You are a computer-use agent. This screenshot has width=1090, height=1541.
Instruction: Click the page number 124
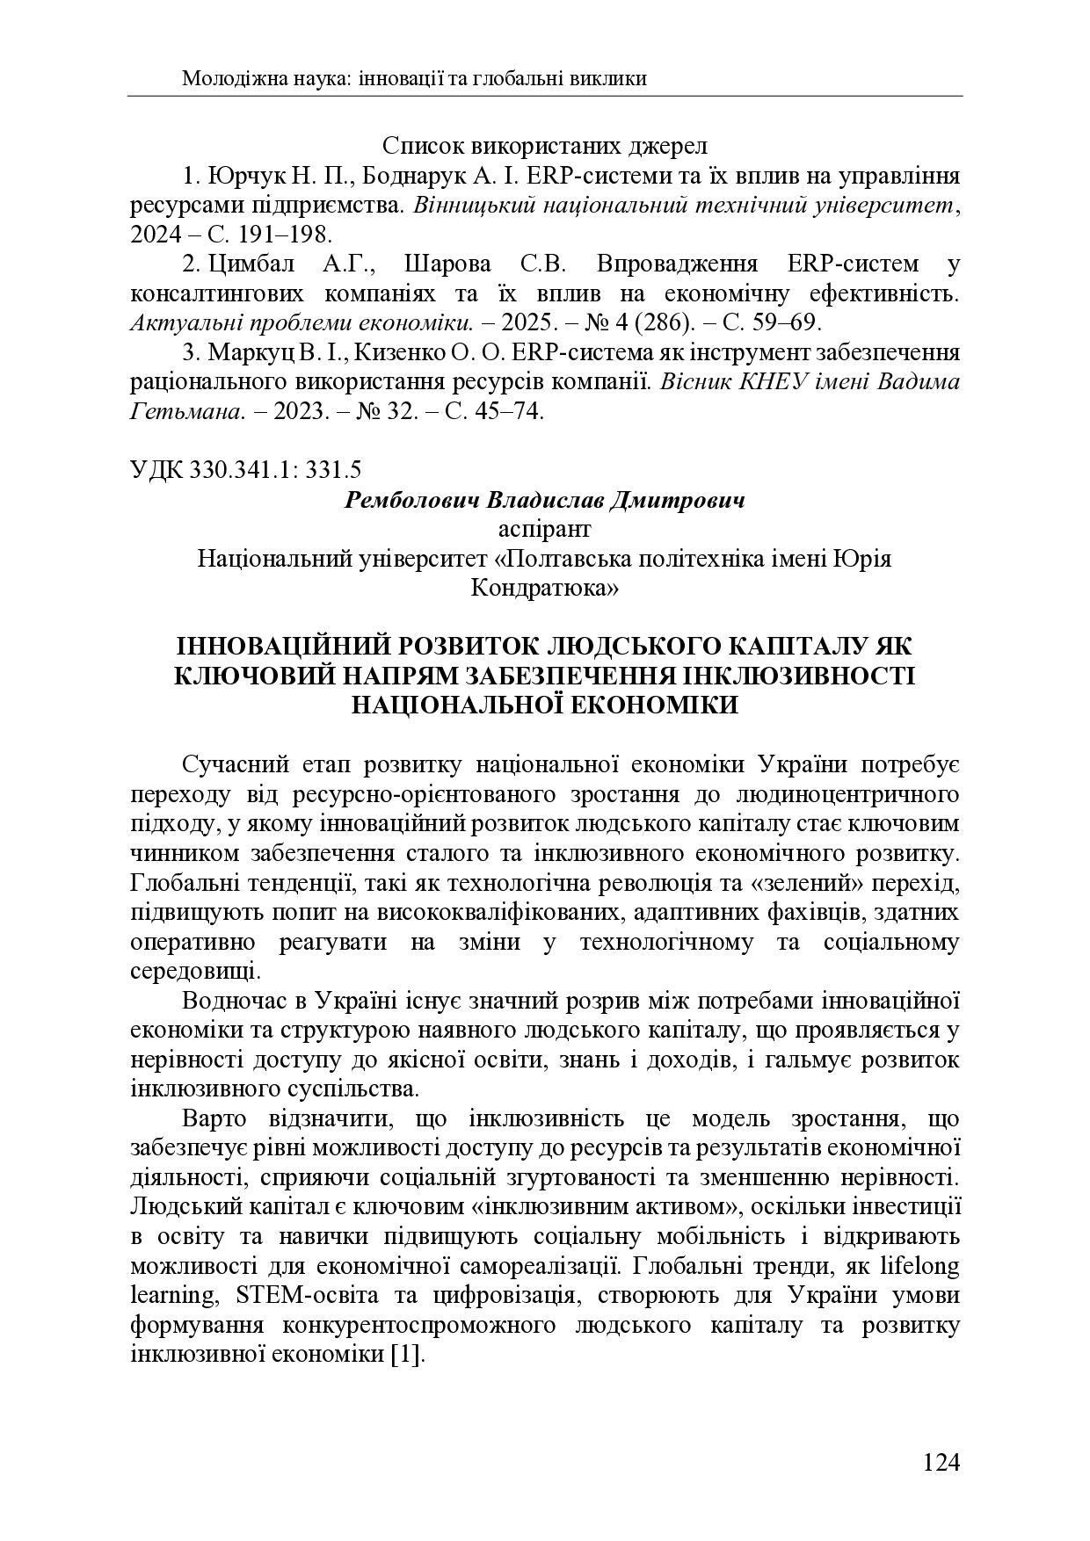[x=941, y=1463]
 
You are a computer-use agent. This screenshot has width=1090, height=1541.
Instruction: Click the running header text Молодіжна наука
[x=264, y=78]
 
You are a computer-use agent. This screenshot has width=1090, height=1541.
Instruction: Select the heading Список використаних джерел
[x=545, y=146]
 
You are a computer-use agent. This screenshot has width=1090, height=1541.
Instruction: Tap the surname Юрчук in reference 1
[x=237, y=176]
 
